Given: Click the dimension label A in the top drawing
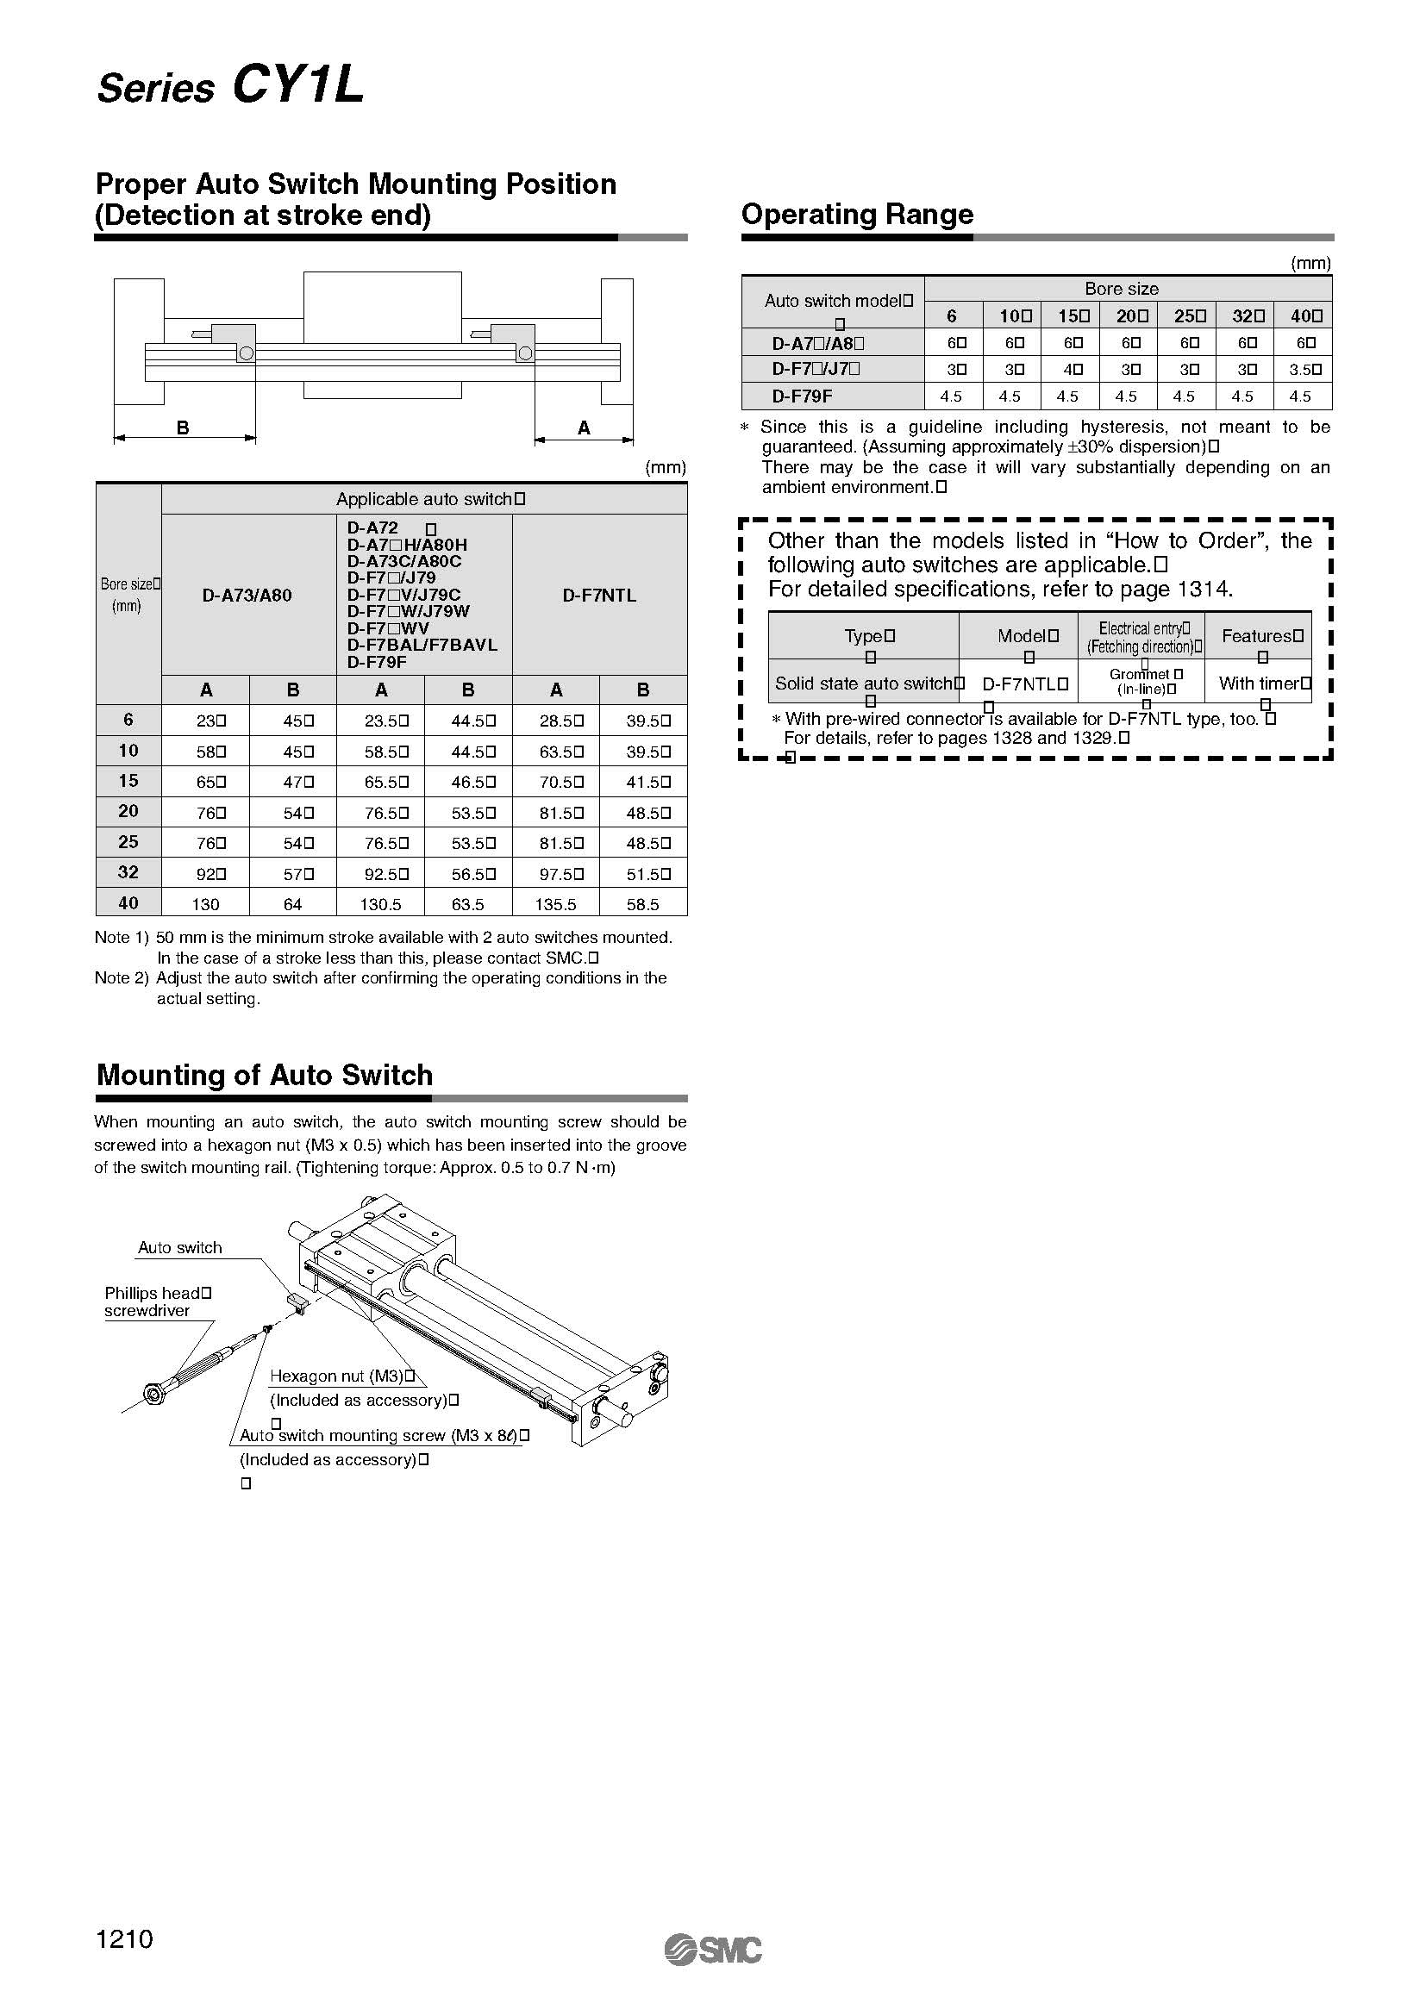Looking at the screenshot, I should point(584,428).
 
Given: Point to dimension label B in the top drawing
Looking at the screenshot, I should point(183,428).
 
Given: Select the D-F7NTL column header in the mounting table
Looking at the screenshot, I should point(599,596).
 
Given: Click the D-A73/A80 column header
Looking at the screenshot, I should point(247,596).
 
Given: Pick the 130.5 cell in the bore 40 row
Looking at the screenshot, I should point(380,904).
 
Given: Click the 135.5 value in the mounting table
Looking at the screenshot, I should point(555,904).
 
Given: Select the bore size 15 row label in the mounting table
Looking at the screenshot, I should point(128,781).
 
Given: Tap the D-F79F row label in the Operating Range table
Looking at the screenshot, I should point(802,396).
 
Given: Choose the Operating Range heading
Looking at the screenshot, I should point(857,215).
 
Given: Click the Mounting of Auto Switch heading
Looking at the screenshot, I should point(265,1075).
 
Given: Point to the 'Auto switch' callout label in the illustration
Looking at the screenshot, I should point(180,1248).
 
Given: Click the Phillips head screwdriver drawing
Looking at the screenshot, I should point(202,1370).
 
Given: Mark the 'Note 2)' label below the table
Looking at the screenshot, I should point(122,978).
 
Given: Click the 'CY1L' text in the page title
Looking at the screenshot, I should point(298,86).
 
